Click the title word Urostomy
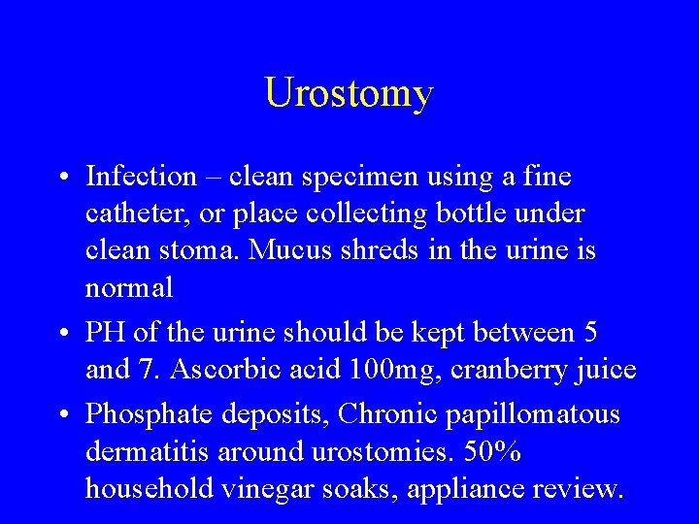point(349,94)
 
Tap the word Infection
point(141,177)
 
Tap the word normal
point(129,287)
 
